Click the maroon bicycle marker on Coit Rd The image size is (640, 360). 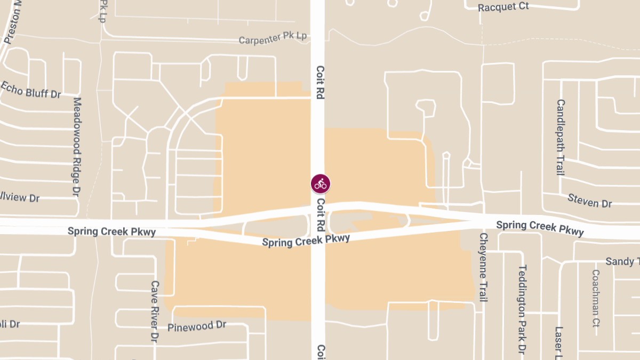coord(321,184)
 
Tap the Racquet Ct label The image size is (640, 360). coord(503,7)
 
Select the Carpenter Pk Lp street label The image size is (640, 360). coord(273,38)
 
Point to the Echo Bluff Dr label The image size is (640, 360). coord(30,89)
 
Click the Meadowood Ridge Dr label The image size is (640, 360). coord(77,145)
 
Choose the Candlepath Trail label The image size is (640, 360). coord(560,137)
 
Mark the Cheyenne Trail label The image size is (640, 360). coord(483,267)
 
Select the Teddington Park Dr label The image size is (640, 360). coord(522,309)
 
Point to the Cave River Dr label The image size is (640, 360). coord(155,311)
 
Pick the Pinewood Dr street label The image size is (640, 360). coord(197,326)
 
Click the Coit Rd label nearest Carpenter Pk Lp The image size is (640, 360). coord(321,83)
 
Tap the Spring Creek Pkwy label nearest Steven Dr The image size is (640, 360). coord(540,228)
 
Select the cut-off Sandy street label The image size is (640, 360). coord(622,261)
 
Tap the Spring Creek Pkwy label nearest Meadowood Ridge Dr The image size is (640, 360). coord(111,231)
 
